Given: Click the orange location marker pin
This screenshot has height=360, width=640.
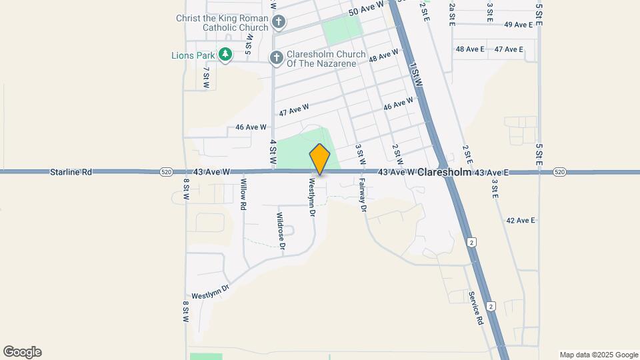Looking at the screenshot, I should pos(320,159).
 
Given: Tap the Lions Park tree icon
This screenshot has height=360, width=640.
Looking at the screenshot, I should pos(225,55).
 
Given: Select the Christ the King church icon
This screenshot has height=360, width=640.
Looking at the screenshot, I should pos(279,23).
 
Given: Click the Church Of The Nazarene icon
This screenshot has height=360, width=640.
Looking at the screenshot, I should pos(276,59).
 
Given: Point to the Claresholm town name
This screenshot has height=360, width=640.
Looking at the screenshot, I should pos(445,172).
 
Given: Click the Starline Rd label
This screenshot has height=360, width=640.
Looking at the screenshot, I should pos(70,172).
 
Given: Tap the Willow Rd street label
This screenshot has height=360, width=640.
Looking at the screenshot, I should pos(244,195).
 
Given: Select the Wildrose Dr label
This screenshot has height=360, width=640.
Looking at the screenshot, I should pos(281,231).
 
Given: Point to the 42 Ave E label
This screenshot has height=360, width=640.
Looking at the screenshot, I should pos(521,220).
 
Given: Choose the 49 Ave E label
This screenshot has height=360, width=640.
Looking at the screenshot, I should pos(518,25).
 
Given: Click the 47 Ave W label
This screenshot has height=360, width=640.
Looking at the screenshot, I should pos(294,109).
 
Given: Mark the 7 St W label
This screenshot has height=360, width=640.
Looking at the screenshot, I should pos(207,77).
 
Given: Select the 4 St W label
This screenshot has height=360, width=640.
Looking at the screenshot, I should pos(273,152).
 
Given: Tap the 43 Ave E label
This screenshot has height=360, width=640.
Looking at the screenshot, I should pos(491,173).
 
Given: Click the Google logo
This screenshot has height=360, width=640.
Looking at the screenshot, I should pos(22,352).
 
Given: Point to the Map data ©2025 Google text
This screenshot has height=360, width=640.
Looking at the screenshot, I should pos(598,355).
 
